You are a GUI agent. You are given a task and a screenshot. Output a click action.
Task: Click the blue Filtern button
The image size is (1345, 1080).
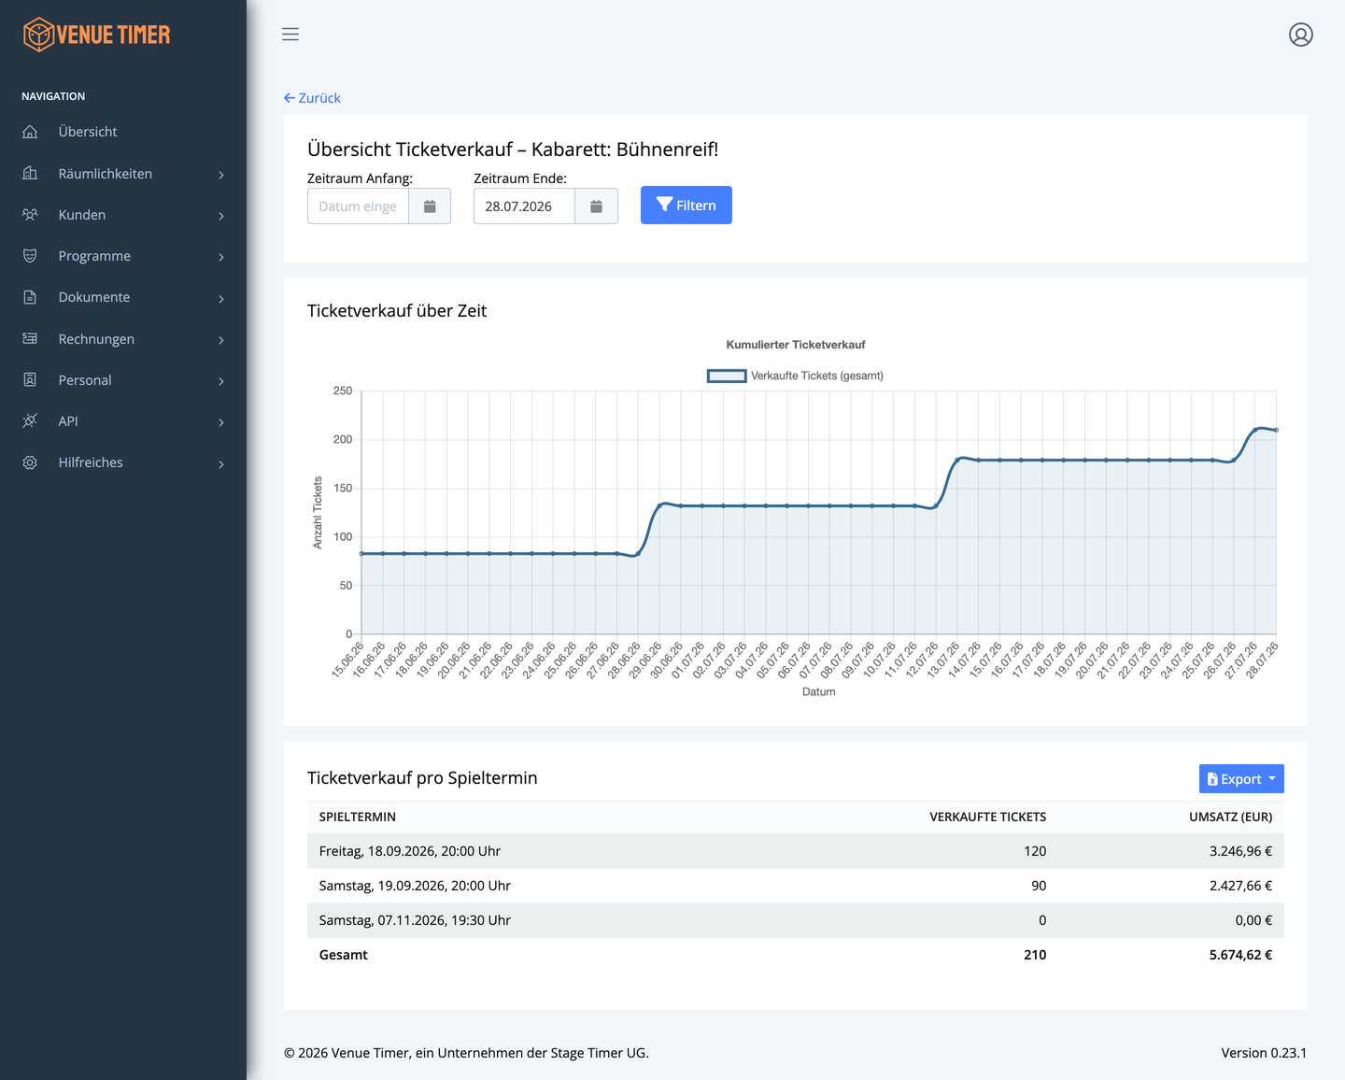coord(686,206)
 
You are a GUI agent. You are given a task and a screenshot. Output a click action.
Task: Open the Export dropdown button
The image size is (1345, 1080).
coord(1240,778)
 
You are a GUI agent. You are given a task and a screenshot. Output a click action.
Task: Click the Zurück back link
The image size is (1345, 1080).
coord(312,97)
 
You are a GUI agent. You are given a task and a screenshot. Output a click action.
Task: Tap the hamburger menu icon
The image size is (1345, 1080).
coord(290,35)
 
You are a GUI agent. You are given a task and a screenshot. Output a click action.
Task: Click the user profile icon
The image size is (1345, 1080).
coord(1300,35)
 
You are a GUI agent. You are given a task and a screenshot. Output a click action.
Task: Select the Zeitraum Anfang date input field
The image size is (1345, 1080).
coord(358,206)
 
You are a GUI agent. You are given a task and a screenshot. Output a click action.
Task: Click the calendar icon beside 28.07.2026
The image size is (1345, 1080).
coord(596,206)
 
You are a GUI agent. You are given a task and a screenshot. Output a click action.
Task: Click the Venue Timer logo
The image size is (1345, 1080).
coord(96,35)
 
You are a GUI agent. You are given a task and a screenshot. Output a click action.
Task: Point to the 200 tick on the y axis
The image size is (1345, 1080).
coord(343,439)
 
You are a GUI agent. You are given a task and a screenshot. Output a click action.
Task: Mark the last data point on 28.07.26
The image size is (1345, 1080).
coord(1276,431)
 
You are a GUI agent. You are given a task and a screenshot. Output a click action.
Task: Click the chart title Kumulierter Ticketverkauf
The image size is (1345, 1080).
coord(795,345)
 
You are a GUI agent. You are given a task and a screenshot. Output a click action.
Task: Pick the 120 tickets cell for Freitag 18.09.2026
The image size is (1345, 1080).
coord(1034,850)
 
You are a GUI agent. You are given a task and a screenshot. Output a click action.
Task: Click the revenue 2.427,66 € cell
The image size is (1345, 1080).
coord(1240,885)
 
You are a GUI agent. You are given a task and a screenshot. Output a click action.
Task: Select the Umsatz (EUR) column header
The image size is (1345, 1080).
coord(1230,817)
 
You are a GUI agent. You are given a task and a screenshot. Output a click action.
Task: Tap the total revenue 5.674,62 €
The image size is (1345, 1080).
coord(1240,954)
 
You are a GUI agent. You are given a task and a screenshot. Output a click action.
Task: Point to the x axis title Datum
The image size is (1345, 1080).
coord(818,691)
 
